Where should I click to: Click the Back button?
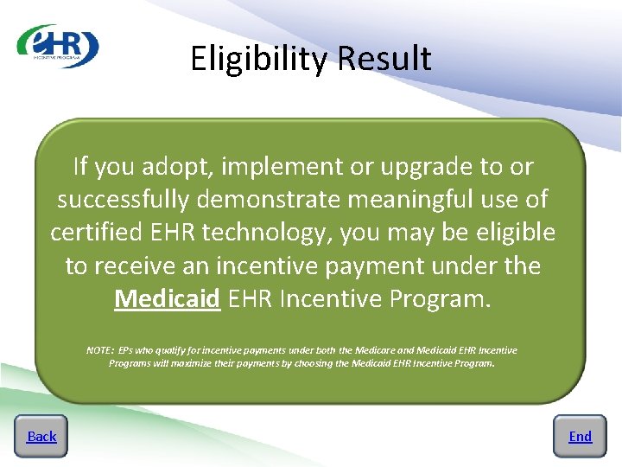pyautogui.click(x=41, y=437)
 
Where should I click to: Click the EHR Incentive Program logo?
pyautogui.click(x=58, y=46)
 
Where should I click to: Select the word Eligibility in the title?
pyautogui.click(x=260, y=59)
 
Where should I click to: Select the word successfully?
pyautogui.click(x=124, y=200)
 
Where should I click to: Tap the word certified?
pyautogui.click(x=98, y=233)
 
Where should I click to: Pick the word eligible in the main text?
pyautogui.click(x=510, y=233)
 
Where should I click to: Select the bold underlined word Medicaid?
pyautogui.click(x=168, y=299)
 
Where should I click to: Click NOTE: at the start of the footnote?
pyautogui.click(x=100, y=350)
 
